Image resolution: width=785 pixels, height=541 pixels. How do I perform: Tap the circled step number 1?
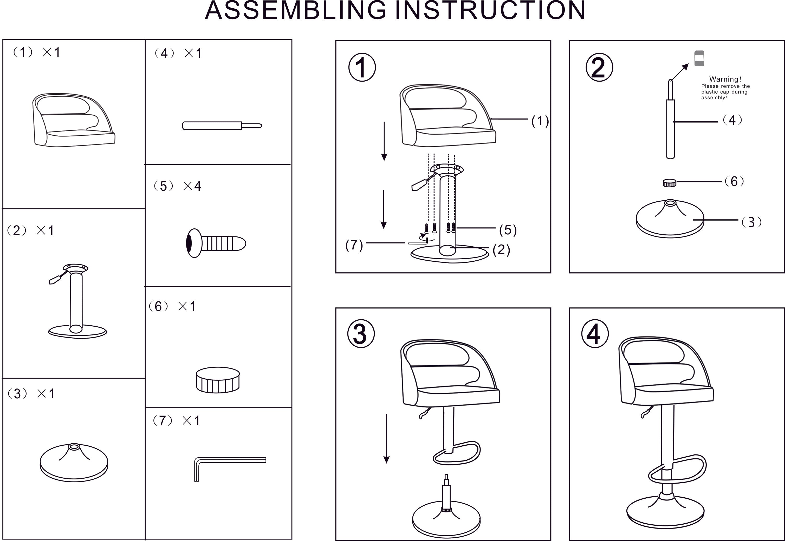coord(362,67)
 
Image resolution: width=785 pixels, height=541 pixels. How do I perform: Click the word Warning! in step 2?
coord(725,79)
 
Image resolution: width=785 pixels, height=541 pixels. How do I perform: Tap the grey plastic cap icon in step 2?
coord(699,58)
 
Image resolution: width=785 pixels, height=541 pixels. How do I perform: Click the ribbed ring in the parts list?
coord(218,380)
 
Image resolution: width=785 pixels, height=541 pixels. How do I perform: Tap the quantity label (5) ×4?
coord(177,186)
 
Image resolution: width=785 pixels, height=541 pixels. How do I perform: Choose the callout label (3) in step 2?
coord(751,222)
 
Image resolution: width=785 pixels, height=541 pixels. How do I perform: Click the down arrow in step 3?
coord(386,438)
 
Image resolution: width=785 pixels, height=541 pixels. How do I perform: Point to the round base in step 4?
coord(665,513)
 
